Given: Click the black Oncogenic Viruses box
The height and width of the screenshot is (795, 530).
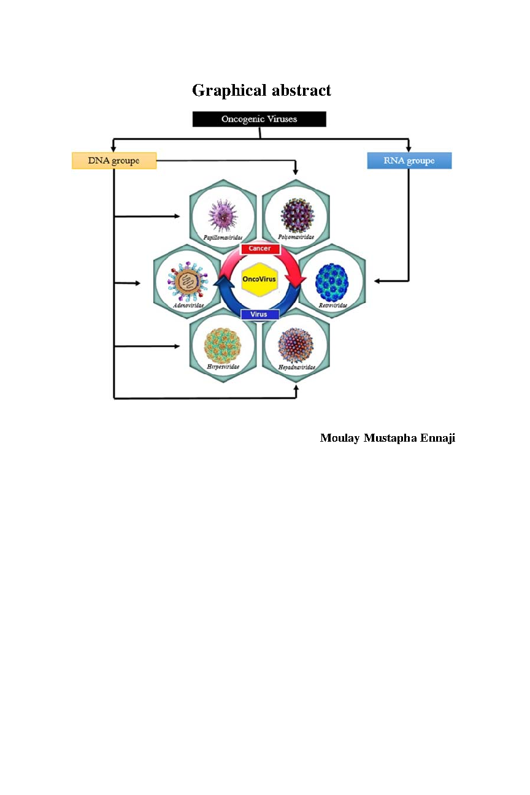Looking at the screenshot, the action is pos(259,119).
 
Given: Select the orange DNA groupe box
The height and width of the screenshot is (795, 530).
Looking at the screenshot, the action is pos(114,161).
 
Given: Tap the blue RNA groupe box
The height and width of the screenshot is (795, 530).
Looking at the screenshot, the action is pos(409,161).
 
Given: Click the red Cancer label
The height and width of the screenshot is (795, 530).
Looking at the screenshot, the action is pos(260,248).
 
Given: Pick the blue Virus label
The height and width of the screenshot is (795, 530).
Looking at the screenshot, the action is pos(259,314).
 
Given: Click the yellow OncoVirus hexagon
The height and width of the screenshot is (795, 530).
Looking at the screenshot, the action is pos(259,279).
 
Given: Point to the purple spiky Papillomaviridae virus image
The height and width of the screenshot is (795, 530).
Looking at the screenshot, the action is pos(223,215).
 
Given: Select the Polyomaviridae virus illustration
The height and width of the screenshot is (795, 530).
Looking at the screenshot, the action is pos(298,215).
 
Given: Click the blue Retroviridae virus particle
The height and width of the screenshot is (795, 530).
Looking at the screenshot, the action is pos(332,283).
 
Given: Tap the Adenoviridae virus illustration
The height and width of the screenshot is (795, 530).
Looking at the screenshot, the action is pos(188,282).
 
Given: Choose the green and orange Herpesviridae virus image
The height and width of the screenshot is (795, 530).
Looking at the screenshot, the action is pos(223,345).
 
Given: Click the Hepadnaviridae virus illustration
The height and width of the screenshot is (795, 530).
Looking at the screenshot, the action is pos(296,345).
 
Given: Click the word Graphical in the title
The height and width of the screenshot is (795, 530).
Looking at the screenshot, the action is pos(229,91).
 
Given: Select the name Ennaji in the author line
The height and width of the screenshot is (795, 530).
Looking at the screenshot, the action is pos(438,439).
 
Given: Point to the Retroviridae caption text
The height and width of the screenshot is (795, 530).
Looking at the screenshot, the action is pos(332,305).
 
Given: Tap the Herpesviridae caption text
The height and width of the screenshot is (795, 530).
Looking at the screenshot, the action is pos(223,367).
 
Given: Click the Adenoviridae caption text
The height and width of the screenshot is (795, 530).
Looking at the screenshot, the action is pos(188,305).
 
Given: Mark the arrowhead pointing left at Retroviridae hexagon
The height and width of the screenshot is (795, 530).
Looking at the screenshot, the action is pos(377,281).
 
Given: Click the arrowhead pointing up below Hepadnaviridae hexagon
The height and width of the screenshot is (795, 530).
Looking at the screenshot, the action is pos(296,388).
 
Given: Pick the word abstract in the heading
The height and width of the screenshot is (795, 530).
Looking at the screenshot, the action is pos(301,90).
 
